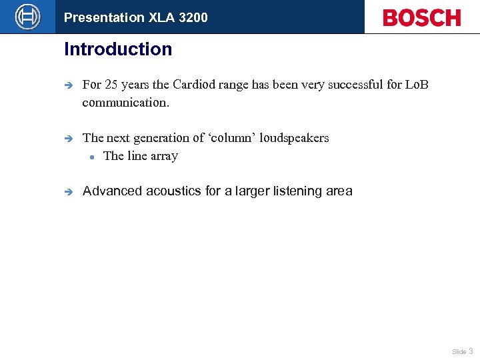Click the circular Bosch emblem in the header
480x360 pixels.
(x=27, y=17)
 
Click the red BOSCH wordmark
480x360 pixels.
(x=421, y=17)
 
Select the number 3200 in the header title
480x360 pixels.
(x=193, y=17)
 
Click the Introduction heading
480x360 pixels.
(x=118, y=49)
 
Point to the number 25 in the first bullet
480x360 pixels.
(x=112, y=85)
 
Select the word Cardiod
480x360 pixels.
(x=195, y=85)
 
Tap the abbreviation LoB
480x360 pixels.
(x=417, y=85)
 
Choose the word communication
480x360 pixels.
(x=125, y=103)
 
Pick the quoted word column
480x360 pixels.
(x=235, y=138)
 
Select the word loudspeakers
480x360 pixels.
(x=295, y=138)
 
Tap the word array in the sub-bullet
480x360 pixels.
(x=164, y=157)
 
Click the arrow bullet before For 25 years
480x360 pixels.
(x=68, y=85)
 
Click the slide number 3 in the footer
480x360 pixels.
(x=471, y=351)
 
